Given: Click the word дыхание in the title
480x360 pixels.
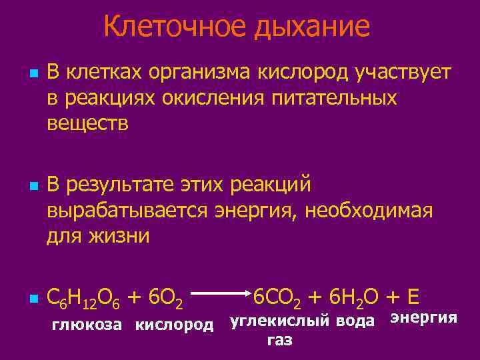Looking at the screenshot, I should coord(308,28).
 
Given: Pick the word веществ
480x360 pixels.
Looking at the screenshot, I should coord(87,123).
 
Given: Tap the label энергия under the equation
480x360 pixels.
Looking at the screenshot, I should coord(423,317).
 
